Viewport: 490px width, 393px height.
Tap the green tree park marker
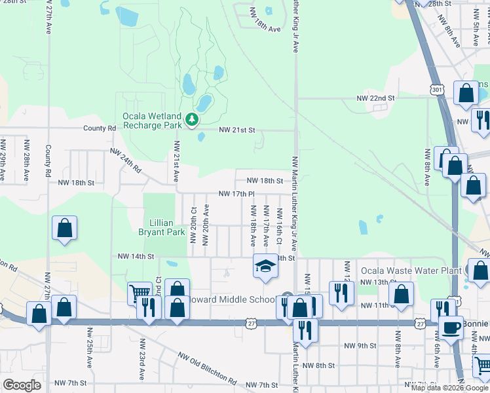pos(192,119)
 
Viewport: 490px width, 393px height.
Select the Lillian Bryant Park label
pos(162,227)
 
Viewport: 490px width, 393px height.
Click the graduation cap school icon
pos(265,265)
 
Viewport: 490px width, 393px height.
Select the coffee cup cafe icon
pos(450,327)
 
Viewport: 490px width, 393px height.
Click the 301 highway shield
pos(437,88)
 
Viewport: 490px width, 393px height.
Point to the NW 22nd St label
pos(375,98)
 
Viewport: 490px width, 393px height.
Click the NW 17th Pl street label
pos(236,195)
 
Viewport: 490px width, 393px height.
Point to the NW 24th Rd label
pos(125,160)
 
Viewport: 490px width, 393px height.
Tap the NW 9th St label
pos(360,345)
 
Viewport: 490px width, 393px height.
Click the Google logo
pos(22,385)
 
